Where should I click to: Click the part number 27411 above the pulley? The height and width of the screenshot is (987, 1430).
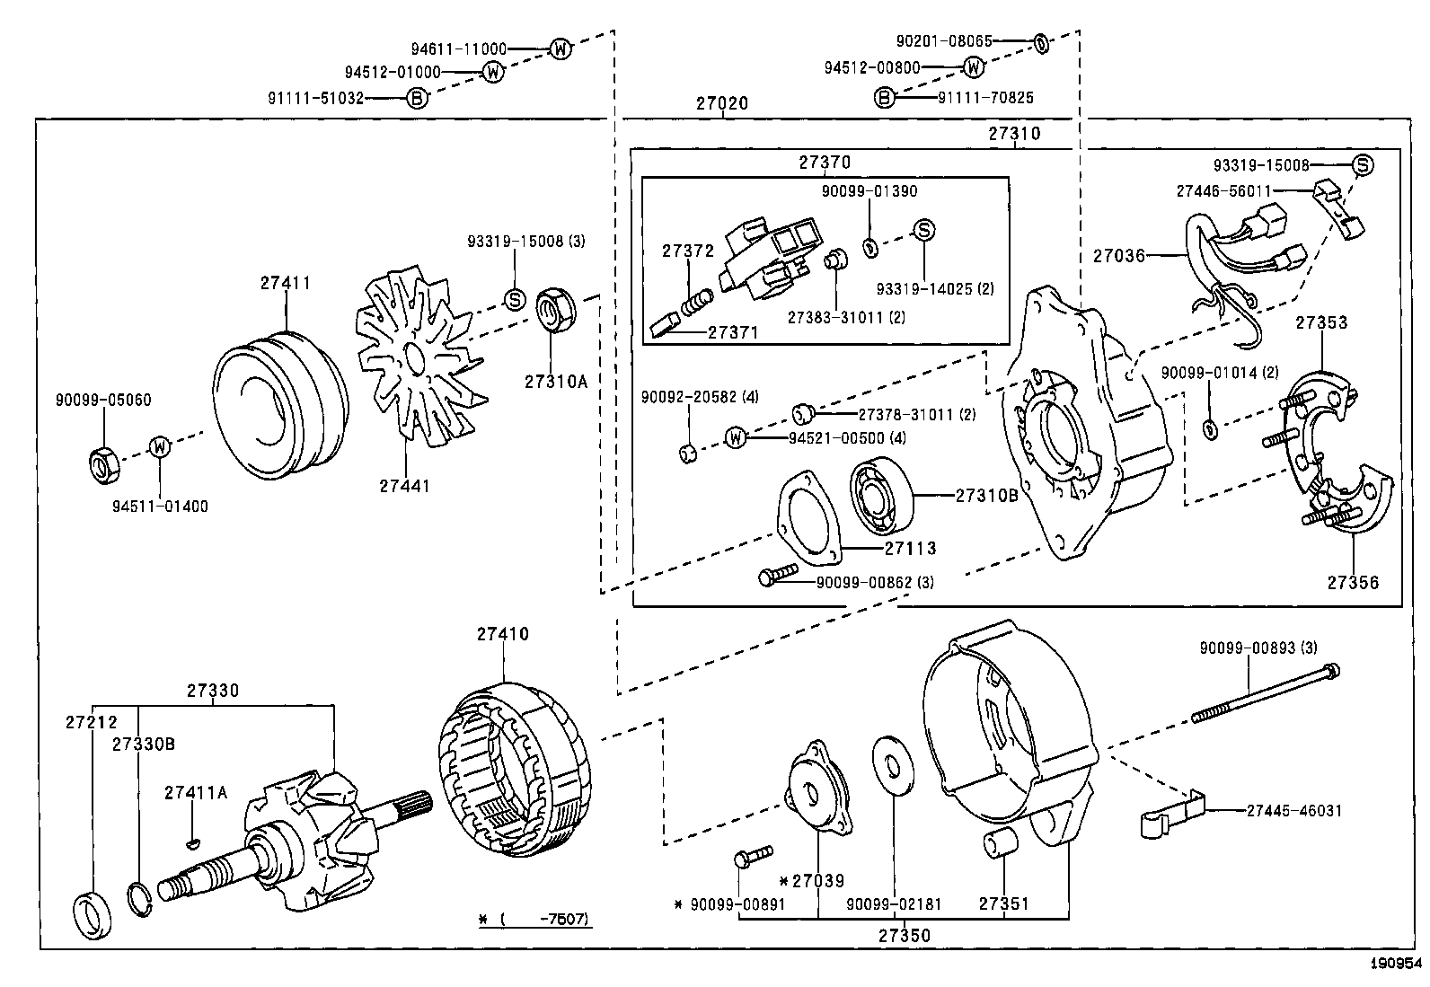(x=286, y=282)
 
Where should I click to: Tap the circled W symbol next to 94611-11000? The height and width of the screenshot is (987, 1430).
(x=560, y=49)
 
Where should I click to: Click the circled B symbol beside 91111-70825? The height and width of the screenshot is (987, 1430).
(x=885, y=98)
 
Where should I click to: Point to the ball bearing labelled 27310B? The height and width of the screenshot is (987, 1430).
(x=881, y=495)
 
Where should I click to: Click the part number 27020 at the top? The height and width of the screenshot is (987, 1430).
(x=721, y=103)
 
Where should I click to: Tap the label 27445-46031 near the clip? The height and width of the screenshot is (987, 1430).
(x=1293, y=810)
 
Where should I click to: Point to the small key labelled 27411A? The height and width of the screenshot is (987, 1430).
(x=193, y=842)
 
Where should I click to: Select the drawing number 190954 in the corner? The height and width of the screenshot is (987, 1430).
(x=1396, y=963)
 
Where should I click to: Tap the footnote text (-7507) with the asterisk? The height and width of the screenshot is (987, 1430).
(x=535, y=920)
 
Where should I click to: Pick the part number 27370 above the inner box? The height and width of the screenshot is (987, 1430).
(x=825, y=163)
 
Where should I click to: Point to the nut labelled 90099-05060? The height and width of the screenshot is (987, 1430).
(x=102, y=461)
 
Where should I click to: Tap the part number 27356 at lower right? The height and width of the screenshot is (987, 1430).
(x=1353, y=582)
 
